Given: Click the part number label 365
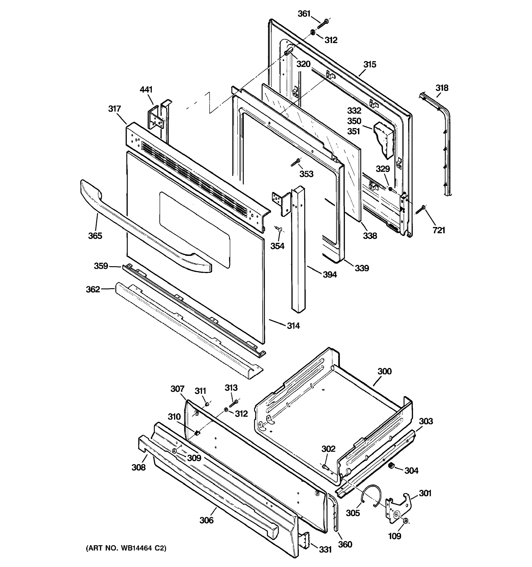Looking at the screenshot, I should pos(95,236).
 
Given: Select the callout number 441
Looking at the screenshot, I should pos(146,90).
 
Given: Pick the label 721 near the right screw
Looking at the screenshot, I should pos(439,230).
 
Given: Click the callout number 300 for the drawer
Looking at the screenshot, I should pos(384,371).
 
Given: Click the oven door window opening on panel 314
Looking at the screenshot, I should pos(194,228).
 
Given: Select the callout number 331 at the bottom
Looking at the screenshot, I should pos(325,549).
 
